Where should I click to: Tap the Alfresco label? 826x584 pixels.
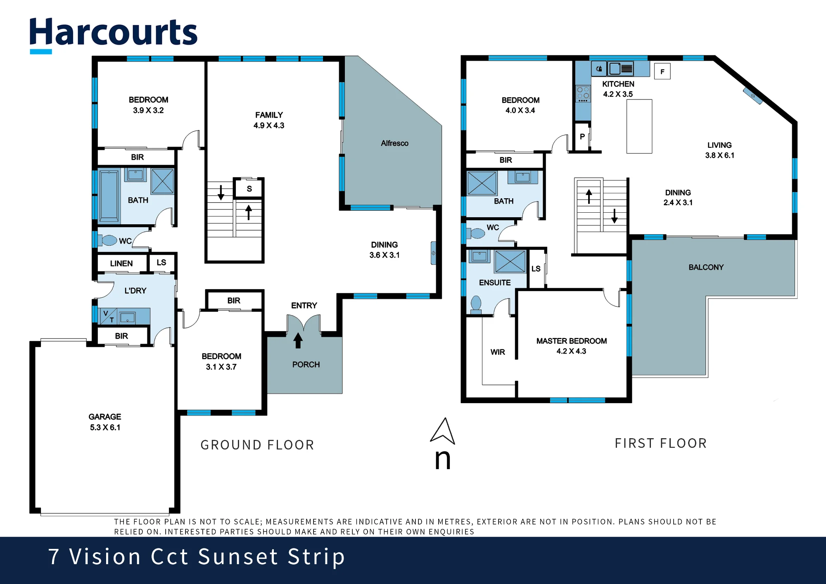394,143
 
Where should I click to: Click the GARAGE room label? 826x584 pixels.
105,417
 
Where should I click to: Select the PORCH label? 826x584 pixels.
306,365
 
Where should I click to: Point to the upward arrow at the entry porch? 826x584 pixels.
298,340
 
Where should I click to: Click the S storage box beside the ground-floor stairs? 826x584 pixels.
249,189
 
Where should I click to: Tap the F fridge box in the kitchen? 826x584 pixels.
662,71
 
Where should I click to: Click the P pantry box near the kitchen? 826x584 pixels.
582,137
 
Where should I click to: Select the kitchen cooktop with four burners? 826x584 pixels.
583,94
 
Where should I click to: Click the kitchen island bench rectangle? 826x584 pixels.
639,126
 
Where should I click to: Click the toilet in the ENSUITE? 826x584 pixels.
476,304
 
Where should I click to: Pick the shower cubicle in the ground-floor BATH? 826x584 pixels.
162,181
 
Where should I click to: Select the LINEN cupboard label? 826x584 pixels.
121,264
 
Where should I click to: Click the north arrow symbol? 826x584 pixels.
443,431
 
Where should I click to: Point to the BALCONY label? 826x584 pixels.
706,267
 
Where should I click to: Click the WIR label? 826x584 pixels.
498,352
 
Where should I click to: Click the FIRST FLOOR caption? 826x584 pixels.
661,443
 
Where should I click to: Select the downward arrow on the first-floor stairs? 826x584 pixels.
615,216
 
